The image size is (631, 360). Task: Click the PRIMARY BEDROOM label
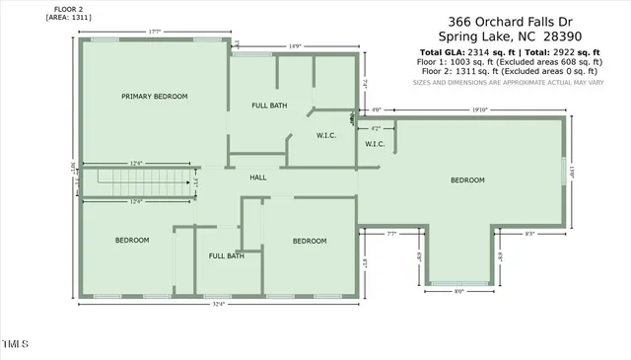click(x=154, y=97)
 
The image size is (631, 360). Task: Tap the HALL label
click(x=257, y=178)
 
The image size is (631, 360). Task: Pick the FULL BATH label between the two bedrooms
click(x=226, y=256)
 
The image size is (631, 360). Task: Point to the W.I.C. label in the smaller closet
click(x=375, y=144)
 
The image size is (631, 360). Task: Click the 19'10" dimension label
click(x=480, y=110)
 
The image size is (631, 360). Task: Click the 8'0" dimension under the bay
click(x=459, y=292)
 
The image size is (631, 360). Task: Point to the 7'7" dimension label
click(x=391, y=234)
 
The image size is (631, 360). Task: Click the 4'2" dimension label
click(x=375, y=128)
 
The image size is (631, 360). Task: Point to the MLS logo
click(x=16, y=345)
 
